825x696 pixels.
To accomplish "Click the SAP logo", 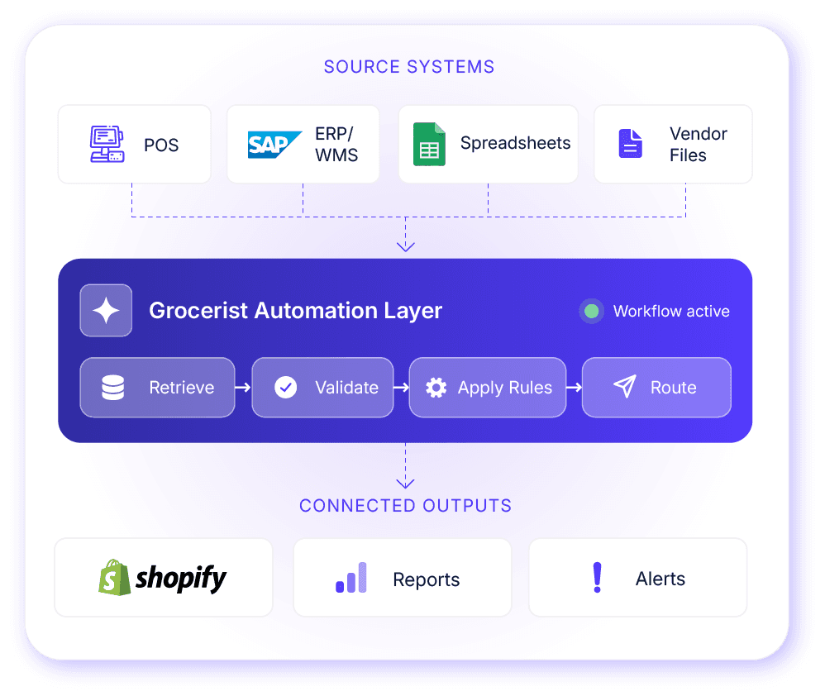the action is [274, 145].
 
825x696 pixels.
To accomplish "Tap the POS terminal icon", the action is [107, 144].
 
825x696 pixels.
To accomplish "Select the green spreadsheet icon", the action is [429, 144].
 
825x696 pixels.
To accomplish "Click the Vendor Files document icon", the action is [631, 144].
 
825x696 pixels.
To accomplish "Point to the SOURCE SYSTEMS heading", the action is [409, 67].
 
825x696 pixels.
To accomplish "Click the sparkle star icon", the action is [106, 310].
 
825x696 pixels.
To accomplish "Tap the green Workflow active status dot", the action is [591, 311].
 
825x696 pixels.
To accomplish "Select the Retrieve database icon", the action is [112, 388].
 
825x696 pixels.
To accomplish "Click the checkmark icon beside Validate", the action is [286, 388].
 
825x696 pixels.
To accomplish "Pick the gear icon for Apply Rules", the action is [436, 388].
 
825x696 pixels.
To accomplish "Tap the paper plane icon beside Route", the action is [625, 387].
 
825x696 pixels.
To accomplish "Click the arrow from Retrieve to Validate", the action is [243, 388].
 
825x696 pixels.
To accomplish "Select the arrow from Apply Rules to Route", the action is [574, 388].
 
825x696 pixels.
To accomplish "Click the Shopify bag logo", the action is [114, 578].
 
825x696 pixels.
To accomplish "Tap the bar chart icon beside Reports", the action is [351, 578].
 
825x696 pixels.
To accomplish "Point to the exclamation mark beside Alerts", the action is [597, 578].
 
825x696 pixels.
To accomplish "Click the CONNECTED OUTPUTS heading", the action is [405, 506].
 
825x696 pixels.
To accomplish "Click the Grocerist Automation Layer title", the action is [296, 311].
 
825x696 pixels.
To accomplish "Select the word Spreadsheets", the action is [516, 143].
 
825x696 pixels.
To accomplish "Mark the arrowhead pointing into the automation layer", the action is [406, 246].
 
